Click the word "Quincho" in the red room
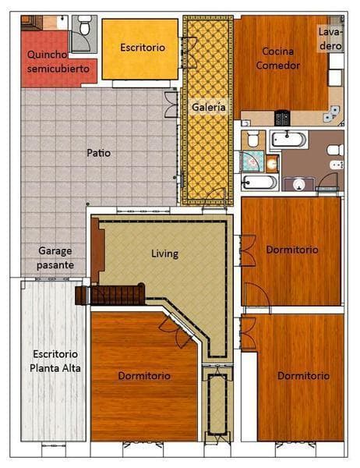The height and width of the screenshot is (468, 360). pyautogui.click(x=47, y=55)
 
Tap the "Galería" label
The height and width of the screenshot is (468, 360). pyautogui.click(x=208, y=107)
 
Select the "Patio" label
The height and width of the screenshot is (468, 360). pyautogui.click(x=98, y=153)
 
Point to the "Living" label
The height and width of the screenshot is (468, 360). pyautogui.click(x=164, y=253)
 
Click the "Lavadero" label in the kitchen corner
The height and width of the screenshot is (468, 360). pyautogui.click(x=330, y=39)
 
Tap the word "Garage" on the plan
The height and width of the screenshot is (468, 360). pyautogui.click(x=55, y=251)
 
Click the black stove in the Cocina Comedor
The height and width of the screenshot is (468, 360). pyautogui.click(x=281, y=118)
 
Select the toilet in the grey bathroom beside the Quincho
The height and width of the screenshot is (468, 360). pyautogui.click(x=84, y=25)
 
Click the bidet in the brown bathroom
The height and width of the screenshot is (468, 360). pyautogui.click(x=337, y=165)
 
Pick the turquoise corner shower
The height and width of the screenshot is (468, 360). pyautogui.click(x=252, y=161)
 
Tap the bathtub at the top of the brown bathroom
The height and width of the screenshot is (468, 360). pyautogui.click(x=289, y=140)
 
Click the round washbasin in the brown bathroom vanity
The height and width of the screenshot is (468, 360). pyautogui.click(x=299, y=185)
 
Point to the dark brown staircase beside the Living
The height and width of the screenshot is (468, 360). pyautogui.click(x=110, y=294)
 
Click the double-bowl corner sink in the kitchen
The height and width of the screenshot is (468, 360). pyautogui.click(x=331, y=115)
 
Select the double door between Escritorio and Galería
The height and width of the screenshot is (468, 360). pyautogui.click(x=189, y=52)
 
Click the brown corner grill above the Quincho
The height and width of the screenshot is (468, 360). pyautogui.click(x=32, y=23)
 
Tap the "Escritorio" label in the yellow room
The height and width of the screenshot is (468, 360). pyautogui.click(x=143, y=48)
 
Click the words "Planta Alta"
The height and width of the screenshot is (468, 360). pyautogui.click(x=55, y=368)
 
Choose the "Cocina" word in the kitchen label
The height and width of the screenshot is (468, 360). pyautogui.click(x=277, y=51)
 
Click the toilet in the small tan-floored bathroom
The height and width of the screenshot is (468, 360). pyautogui.click(x=252, y=139)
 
